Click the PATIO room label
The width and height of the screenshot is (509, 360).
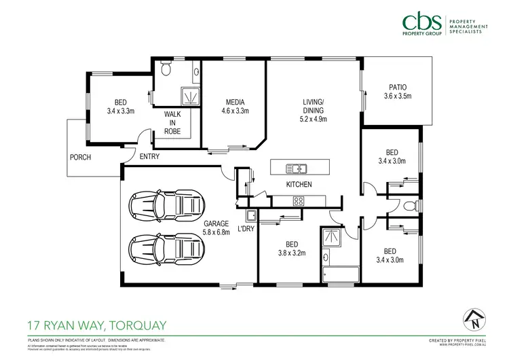pos(397,87)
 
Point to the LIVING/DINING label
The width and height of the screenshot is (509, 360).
pos(314,110)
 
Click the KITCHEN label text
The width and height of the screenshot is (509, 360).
pos(299,185)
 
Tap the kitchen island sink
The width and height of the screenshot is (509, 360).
pos(296,168)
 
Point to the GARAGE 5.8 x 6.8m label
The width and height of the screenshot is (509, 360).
pos(216,228)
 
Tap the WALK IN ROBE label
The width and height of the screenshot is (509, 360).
pos(172,123)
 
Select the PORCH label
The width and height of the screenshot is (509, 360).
pos(80,158)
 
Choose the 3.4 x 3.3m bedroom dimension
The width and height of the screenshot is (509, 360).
pos(121,109)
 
